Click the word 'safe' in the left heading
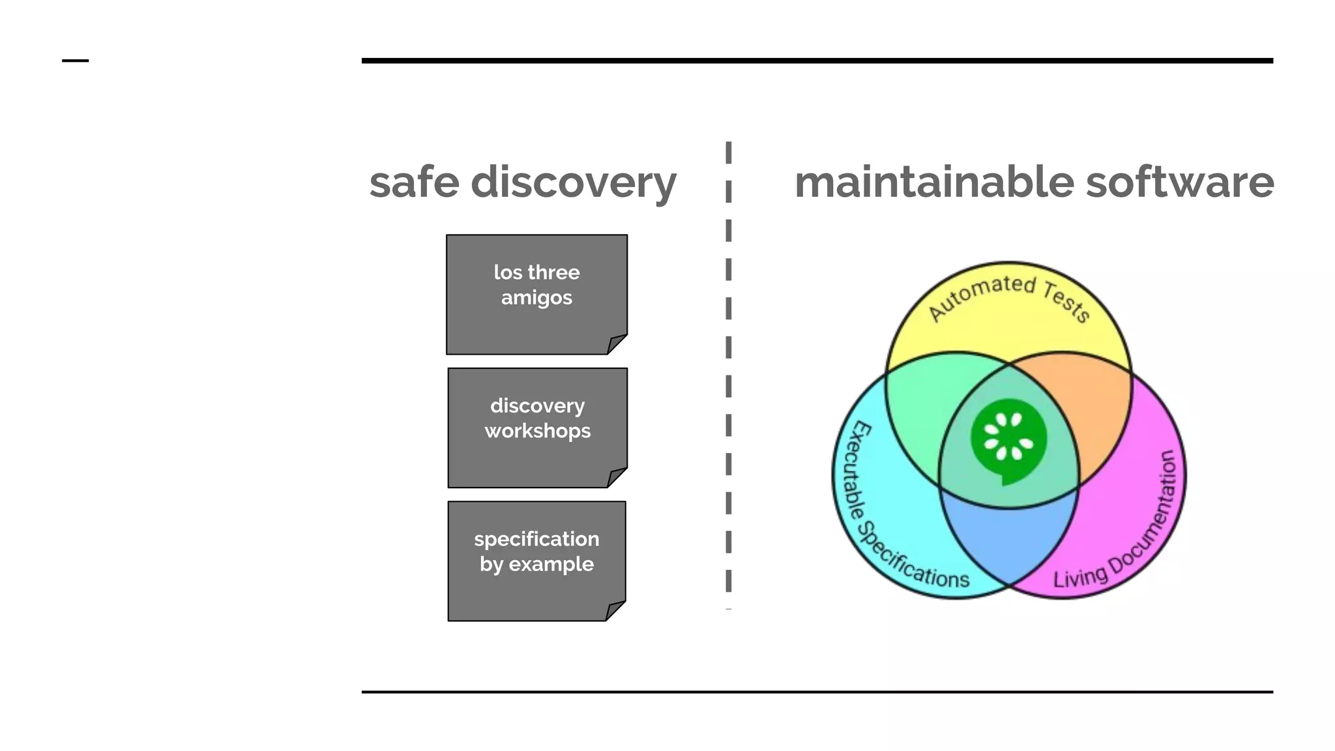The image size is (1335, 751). click(414, 182)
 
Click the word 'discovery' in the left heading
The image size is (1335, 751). click(574, 182)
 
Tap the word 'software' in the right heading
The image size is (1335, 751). click(1180, 182)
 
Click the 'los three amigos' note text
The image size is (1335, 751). click(536, 285)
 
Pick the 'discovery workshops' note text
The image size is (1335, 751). click(537, 418)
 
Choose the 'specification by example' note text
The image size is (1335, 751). click(536, 552)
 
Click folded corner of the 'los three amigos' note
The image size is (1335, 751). click(615, 345)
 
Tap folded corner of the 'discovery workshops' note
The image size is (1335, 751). click(615, 478)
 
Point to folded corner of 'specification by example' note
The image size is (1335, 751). click(614, 611)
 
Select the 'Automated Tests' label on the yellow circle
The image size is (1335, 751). click(1008, 297)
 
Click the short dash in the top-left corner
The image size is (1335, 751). click(75, 61)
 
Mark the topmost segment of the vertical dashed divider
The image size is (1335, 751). click(728, 152)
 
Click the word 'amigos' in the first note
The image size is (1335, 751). click(536, 298)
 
